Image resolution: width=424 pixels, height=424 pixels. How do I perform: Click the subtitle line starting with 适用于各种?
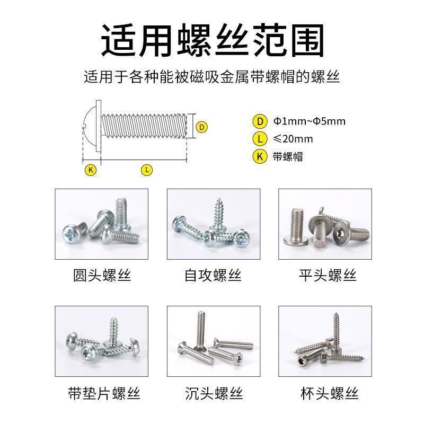coord(212,77)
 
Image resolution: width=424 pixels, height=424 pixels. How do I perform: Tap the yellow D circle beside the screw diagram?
coord(201,127)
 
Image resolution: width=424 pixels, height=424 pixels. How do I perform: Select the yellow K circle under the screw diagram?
coord(91,170)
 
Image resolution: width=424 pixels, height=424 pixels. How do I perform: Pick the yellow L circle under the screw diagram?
coord(147,170)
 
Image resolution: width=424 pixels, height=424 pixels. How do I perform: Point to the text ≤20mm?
coord(293,139)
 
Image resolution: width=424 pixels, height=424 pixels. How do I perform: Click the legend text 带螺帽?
coord(288,157)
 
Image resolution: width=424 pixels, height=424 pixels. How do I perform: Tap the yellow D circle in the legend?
coord(260,121)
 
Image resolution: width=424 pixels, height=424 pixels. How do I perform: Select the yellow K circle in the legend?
coord(260,157)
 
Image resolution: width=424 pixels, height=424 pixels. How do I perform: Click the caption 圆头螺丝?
coord(102,276)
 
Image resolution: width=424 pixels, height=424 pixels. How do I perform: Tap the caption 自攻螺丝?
coord(213,276)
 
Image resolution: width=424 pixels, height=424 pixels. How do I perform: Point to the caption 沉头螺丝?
coord(214,394)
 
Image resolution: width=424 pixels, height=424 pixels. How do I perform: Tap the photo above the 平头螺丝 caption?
coord(325,224)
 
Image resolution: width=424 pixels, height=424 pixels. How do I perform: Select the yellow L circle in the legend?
coord(260,139)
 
